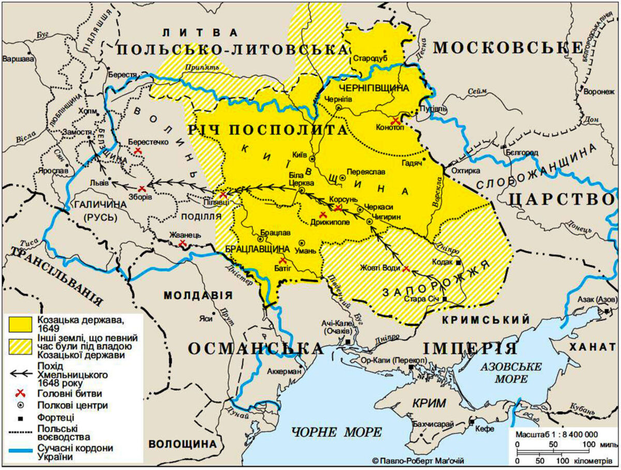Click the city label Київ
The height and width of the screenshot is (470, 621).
coord(300,155)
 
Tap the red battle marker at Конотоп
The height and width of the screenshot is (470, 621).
coord(396,121)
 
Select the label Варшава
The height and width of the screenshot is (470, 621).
coord(17,59)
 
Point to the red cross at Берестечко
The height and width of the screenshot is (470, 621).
coord(138,150)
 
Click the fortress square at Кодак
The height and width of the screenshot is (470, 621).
coord(459,263)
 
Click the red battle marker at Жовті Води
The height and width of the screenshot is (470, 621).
coord(406,268)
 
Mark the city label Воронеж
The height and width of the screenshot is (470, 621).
coord(598,90)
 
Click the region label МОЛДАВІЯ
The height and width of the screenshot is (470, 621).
coord(198,295)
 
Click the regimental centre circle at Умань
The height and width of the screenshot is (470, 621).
coord(302,243)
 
